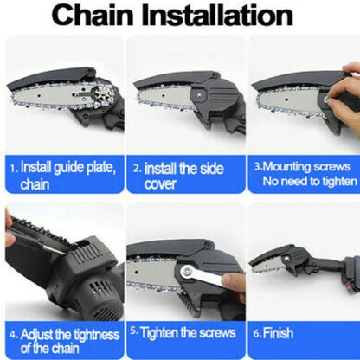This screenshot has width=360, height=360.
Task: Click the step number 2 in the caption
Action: point(135,167)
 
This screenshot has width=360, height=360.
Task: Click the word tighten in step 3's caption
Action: point(337,181)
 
